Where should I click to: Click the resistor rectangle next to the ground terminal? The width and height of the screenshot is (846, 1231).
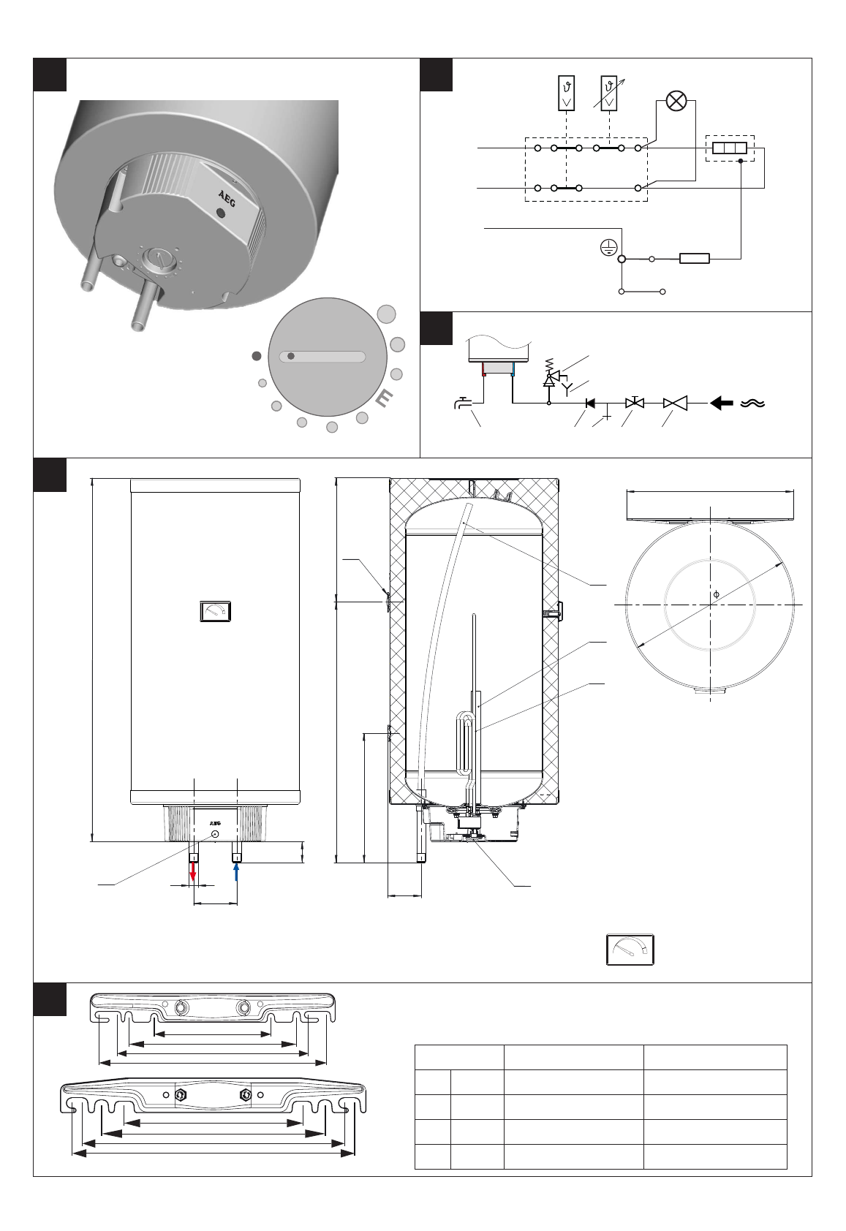[694, 259]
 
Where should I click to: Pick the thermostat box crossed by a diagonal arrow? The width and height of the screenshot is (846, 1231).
[608, 93]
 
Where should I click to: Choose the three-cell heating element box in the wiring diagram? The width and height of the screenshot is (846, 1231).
[729, 148]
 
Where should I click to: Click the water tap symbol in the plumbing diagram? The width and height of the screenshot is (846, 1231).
[461, 402]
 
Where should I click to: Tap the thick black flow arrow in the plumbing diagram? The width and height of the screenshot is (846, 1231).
[722, 403]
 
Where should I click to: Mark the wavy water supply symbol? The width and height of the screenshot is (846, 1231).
[752, 403]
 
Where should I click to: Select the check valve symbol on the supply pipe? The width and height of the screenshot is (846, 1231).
[590, 403]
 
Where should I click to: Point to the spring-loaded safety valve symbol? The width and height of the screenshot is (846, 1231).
[550, 376]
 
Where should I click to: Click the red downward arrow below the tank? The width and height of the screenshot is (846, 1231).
[194, 871]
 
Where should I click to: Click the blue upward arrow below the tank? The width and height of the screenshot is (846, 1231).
[237, 871]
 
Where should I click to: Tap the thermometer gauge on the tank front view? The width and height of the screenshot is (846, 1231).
[216, 611]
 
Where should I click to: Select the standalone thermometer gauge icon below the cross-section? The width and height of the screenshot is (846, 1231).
[630, 950]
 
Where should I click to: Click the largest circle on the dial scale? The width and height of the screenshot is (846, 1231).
[386, 314]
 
